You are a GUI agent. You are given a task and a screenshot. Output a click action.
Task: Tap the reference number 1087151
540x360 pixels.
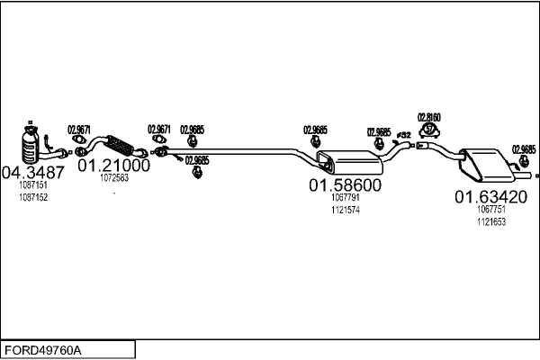pyautogui.click(x=33, y=185)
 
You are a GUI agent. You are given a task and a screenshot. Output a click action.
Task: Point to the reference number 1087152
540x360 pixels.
pyautogui.click(x=33, y=196)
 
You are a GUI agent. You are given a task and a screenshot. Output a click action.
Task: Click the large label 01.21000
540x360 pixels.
pyautogui.click(x=113, y=166)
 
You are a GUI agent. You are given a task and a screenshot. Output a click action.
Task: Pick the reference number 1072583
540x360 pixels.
pyautogui.click(x=113, y=178)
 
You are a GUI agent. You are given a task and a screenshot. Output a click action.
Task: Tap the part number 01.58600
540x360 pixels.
pyautogui.click(x=346, y=185)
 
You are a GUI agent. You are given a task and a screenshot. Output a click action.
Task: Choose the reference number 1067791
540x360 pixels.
pyautogui.click(x=346, y=198)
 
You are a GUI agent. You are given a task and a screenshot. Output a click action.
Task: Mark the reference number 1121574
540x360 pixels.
pyautogui.click(x=346, y=210)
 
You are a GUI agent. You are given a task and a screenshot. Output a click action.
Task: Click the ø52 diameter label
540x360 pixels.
pyautogui.click(x=404, y=135)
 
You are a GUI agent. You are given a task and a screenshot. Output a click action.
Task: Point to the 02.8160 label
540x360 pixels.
pyautogui.click(x=429, y=117)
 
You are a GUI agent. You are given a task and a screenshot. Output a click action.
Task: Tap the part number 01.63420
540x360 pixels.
pyautogui.click(x=490, y=196)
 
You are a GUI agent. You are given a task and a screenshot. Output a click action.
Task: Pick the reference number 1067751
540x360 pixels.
pyautogui.click(x=491, y=209)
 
